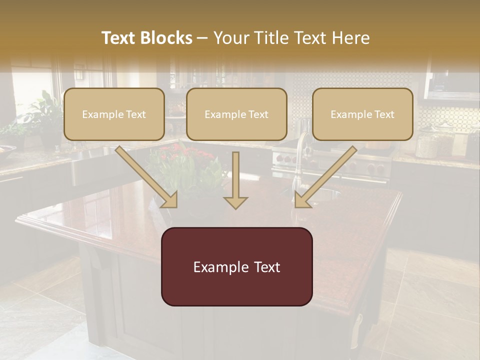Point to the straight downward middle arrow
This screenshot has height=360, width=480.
[x=235, y=180]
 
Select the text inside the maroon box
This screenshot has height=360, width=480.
[x=236, y=267]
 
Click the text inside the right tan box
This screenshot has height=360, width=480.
[x=362, y=114]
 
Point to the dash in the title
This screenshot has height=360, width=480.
[x=202, y=38]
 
